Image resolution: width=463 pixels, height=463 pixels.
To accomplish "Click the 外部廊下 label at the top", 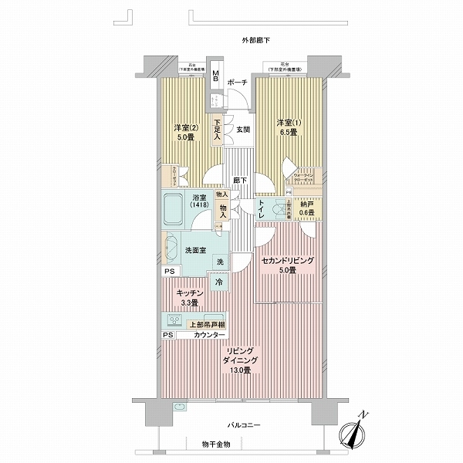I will pos(254,39).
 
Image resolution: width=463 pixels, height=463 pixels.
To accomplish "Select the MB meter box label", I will pos(217,78).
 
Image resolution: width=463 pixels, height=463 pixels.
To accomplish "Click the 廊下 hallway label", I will pos(240,181).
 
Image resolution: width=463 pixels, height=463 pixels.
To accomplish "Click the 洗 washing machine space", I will pos(220,263).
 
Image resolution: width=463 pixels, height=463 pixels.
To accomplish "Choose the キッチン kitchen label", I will pos(189,294).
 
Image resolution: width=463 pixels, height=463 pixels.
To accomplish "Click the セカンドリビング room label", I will pos(287,262).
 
